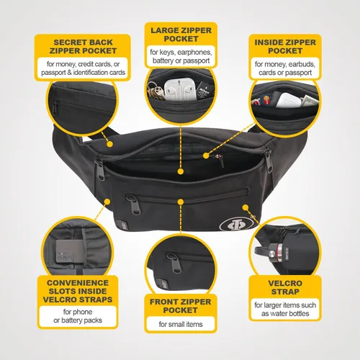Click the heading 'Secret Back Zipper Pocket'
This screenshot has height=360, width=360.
coord(83,47)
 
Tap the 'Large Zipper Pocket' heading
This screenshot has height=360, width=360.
coord(181,35)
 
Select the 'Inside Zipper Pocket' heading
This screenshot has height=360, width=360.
coord(285,47)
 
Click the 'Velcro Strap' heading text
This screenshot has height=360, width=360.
coord(285,287)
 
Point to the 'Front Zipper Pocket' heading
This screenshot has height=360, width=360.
coord(181,306)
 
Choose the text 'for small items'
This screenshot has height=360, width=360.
coord(181,324)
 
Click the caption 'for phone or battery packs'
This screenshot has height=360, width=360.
coord(78,316)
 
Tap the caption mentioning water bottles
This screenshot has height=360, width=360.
coord(285,309)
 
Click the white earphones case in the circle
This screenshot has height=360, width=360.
coord(180,89)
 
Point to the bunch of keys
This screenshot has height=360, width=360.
coord(156,91)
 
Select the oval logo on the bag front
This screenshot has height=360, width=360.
coord(236,225)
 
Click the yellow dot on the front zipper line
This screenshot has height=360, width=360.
coord(181,202)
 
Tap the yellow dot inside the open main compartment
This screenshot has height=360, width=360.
coord(181,171)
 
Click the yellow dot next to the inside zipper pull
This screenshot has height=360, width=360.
coord(206,156)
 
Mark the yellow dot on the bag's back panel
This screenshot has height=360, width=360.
coord(109,144)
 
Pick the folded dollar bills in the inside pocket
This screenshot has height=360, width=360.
coord(309,101)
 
